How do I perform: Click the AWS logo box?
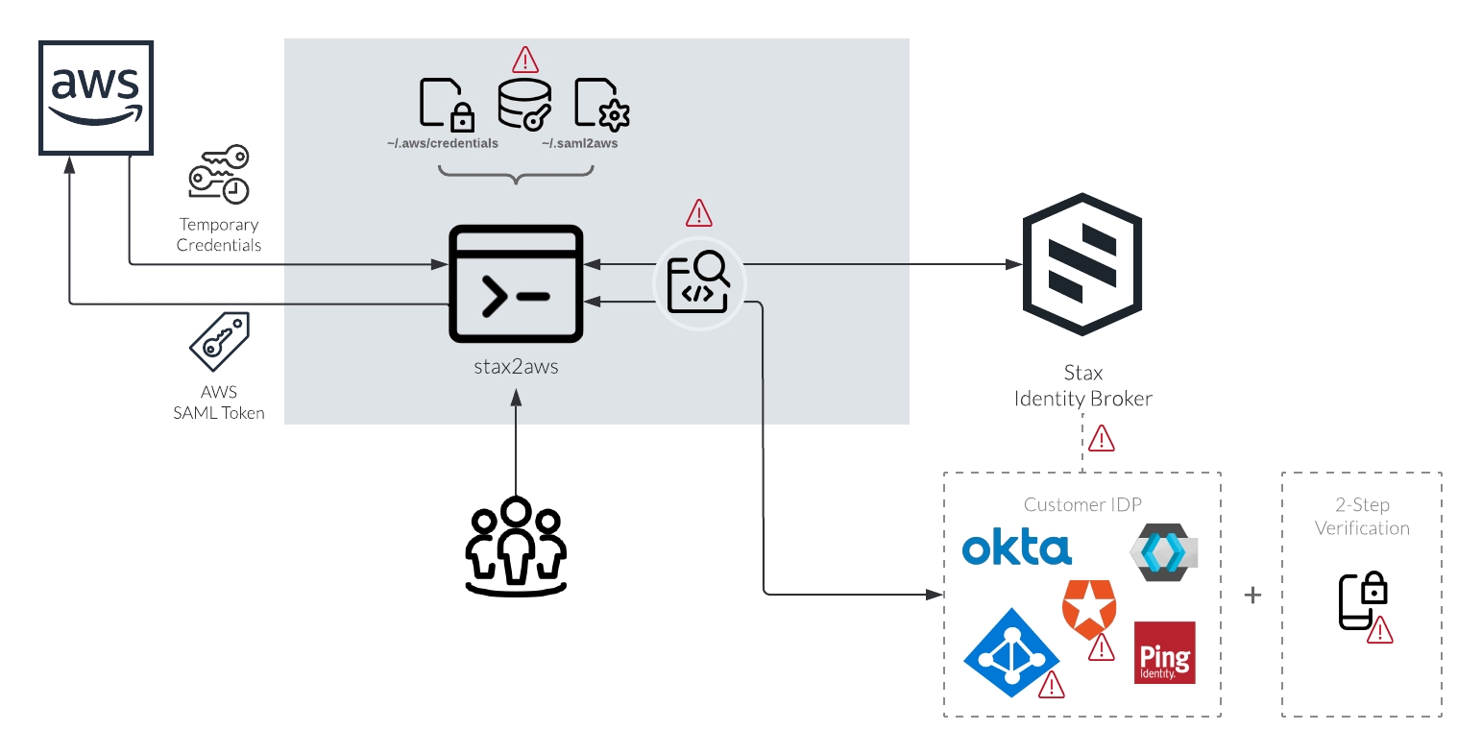pos(96,97)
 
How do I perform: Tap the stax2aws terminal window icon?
pos(516,284)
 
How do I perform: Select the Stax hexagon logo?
pos(1082,264)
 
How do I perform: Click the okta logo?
pos(1016,548)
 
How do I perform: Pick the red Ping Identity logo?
pos(1164,653)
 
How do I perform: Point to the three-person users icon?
pos(516,546)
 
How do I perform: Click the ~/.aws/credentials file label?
pos(443,144)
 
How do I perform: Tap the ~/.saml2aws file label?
pos(579,144)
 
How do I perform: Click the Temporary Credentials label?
pos(219,235)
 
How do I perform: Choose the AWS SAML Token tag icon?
pos(219,341)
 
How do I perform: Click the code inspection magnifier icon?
pos(699,282)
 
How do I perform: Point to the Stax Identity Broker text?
pos(1082,386)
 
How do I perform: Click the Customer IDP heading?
pos(1082,505)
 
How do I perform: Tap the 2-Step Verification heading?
pos(1362,517)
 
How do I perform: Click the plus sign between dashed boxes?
pos(1252,596)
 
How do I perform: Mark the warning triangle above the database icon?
pos(525,61)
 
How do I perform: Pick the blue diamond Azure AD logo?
pos(1010,652)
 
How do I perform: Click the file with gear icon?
pos(601,104)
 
